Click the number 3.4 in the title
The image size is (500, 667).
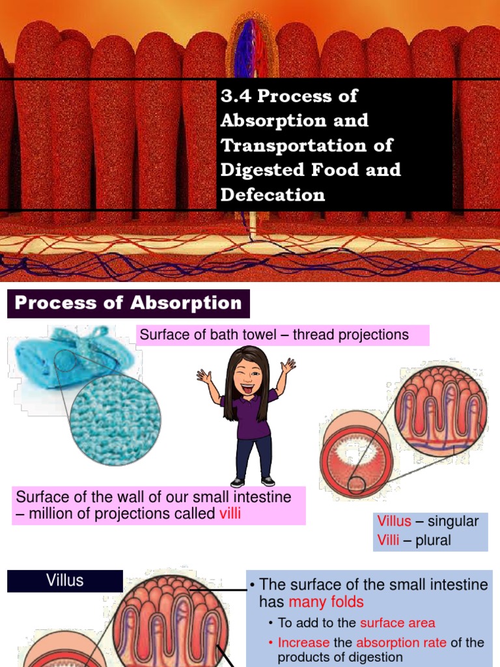(x=236, y=96)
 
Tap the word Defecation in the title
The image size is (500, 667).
(x=273, y=194)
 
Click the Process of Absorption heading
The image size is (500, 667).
(x=128, y=303)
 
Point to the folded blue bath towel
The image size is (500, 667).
(x=52, y=354)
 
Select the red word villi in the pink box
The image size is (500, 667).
(x=230, y=513)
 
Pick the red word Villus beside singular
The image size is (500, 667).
(x=395, y=521)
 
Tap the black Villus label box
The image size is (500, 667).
(x=65, y=580)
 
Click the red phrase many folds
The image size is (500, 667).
(x=326, y=601)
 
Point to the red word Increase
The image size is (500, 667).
(x=303, y=642)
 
